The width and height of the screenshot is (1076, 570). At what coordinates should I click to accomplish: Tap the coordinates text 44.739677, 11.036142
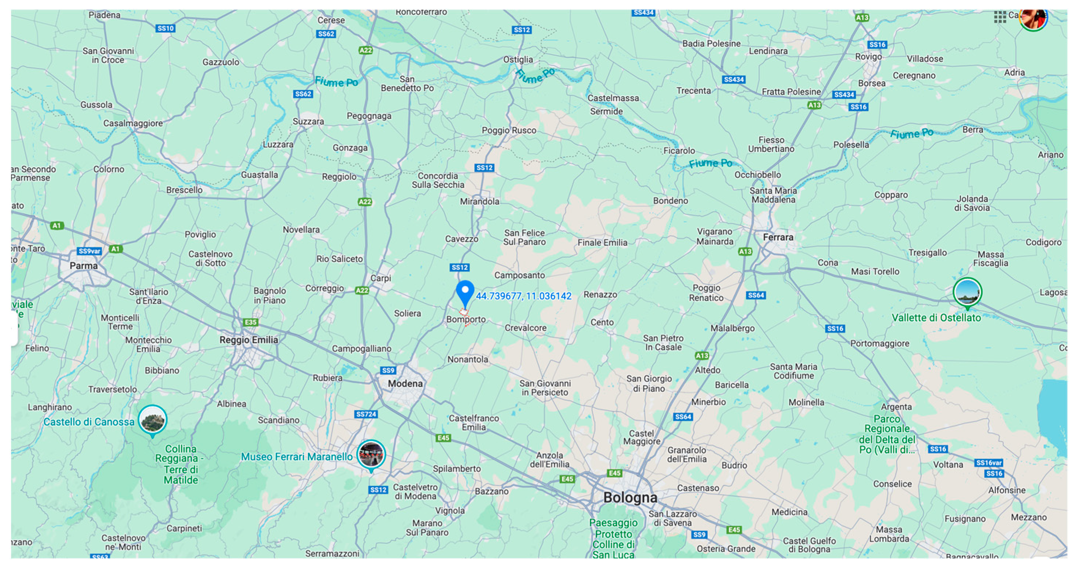tap(523, 296)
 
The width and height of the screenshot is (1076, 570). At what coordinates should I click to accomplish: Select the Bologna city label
tap(630, 497)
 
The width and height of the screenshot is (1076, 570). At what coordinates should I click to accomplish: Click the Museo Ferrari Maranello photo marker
tap(371, 454)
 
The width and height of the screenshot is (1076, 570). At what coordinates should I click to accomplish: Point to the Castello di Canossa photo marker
tap(152, 420)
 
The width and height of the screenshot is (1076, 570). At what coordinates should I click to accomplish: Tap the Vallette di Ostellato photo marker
tap(967, 292)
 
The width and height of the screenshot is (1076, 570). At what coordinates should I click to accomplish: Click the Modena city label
tap(405, 384)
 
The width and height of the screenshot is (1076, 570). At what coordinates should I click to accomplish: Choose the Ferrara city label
tap(778, 237)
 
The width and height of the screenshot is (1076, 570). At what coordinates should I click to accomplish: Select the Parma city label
tap(84, 266)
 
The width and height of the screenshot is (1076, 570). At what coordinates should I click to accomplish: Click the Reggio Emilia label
tap(249, 340)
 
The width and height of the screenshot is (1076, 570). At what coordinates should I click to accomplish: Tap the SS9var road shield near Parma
tap(89, 251)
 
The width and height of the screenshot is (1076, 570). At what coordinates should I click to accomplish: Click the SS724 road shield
tap(366, 414)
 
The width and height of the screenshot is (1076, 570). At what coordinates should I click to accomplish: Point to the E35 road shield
tap(251, 322)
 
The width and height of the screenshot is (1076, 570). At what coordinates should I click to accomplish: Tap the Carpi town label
tap(381, 278)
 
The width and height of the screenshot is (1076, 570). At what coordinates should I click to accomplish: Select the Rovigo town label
tap(868, 56)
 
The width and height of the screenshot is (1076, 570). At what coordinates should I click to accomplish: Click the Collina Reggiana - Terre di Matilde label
tap(181, 464)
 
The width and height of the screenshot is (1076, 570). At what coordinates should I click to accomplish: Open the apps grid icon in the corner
tap(999, 17)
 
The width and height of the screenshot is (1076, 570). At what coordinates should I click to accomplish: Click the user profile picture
tap(1034, 18)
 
